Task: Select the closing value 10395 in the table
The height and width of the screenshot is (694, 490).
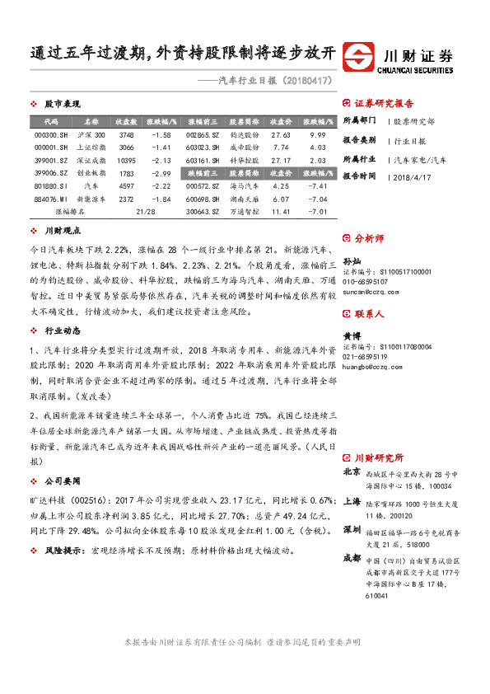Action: [126, 160]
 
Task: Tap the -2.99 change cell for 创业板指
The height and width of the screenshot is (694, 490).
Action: [159, 173]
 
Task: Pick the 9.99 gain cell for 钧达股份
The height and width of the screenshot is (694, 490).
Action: [319, 134]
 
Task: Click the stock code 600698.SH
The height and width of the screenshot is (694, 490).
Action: [201, 199]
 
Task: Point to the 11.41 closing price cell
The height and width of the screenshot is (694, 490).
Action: [281, 212]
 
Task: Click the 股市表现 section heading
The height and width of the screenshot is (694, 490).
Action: [62, 105]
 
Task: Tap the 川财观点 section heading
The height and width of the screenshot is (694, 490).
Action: [62, 232]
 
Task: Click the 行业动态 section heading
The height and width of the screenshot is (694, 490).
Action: [62, 331]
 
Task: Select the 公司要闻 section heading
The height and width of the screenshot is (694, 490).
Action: [62, 480]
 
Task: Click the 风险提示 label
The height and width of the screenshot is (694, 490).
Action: [63, 548]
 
